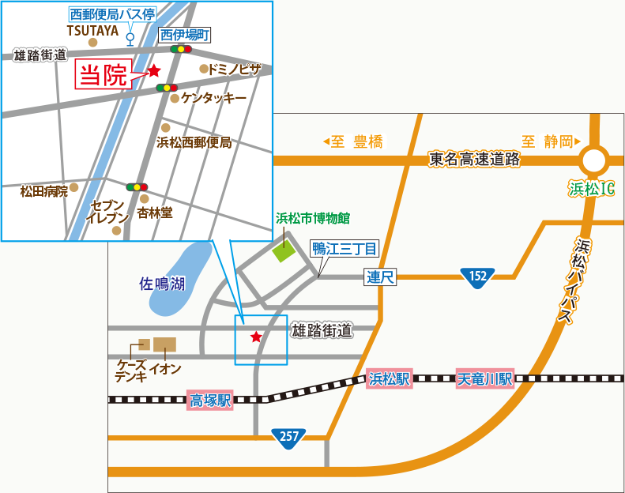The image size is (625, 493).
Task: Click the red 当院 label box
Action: [x=104, y=76]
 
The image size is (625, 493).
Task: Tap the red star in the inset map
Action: [x=154, y=71]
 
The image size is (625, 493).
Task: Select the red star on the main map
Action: [x=256, y=337]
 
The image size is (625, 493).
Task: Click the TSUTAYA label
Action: [x=92, y=30]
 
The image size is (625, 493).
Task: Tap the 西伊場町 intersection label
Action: [x=184, y=35]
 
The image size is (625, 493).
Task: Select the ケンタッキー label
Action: [x=213, y=99]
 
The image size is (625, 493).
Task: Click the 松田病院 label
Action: [x=44, y=191]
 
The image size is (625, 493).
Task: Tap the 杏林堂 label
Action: [x=155, y=213]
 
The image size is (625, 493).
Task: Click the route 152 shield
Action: [x=477, y=276]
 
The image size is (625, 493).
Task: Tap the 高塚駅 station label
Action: [x=210, y=401]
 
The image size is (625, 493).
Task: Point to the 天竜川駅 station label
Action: [x=485, y=379]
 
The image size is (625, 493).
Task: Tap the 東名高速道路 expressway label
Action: [x=475, y=159]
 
